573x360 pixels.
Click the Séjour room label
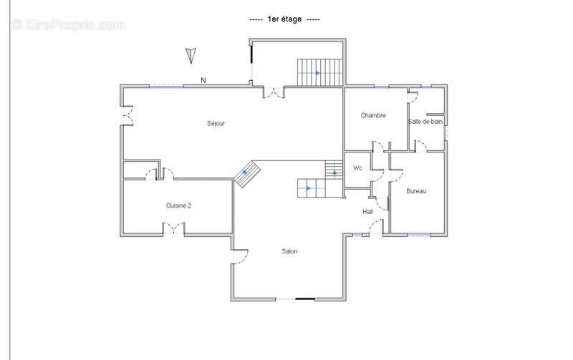click(216, 123)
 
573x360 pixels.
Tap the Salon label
click(289, 251)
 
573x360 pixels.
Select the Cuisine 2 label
click(178, 205)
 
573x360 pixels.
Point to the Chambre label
click(373, 115)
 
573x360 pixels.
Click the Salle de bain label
click(425, 122)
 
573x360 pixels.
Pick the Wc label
click(357, 168)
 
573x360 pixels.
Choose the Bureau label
click(416, 191)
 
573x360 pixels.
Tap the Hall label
click(367, 212)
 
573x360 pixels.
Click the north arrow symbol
click(191, 55)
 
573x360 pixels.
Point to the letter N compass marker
click(203, 79)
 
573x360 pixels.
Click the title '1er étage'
click(284, 19)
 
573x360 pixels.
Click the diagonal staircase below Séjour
click(247, 174)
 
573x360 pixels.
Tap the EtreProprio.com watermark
click(69, 24)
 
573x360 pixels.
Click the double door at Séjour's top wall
click(274, 93)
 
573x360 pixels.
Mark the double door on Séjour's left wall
click(127, 115)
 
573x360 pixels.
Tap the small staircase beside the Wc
click(334, 170)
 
